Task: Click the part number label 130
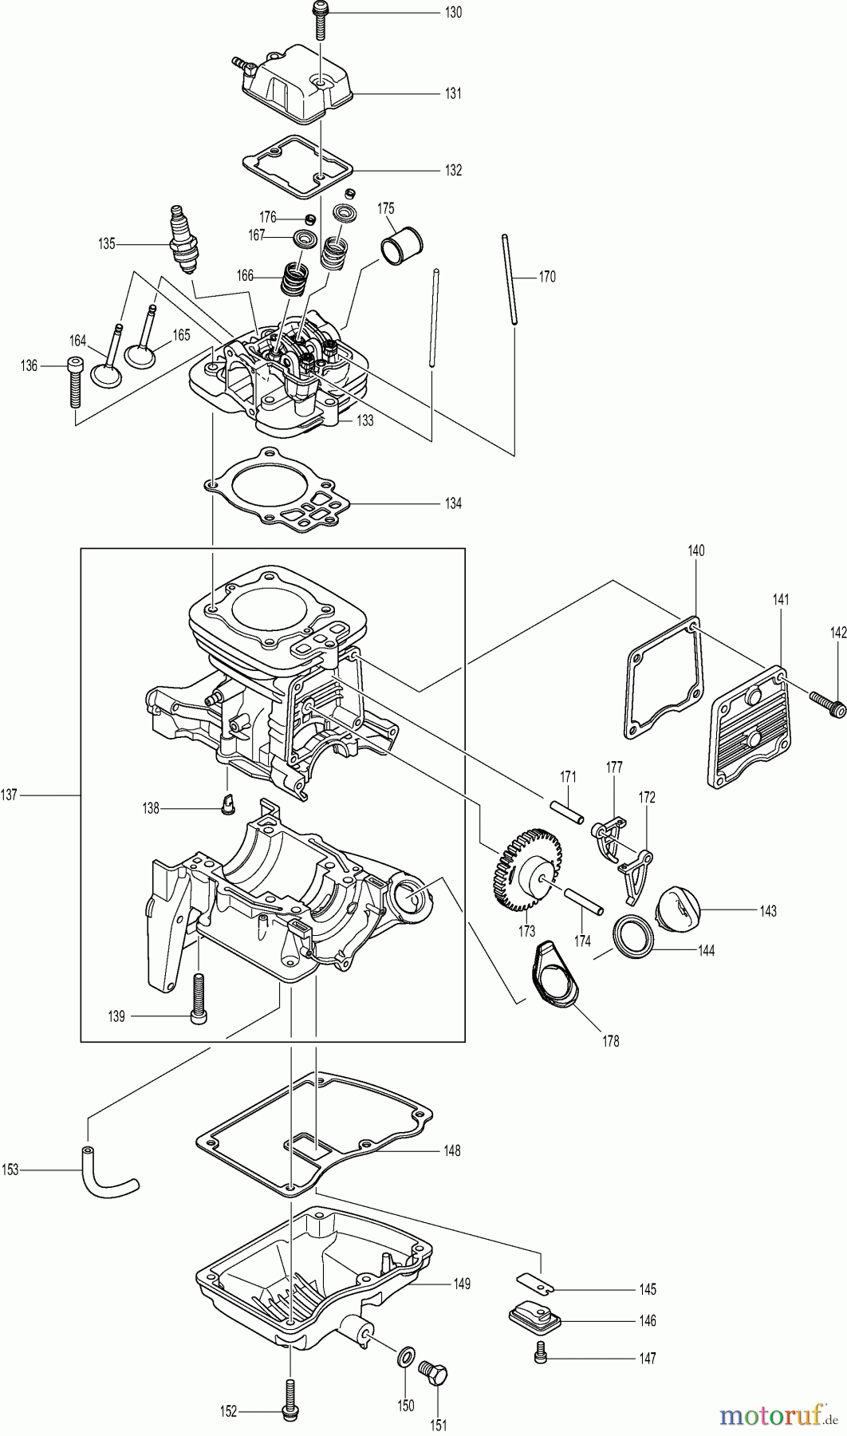(x=452, y=13)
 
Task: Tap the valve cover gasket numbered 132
(x=297, y=169)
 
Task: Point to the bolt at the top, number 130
(x=321, y=21)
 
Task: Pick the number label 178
(x=612, y=1040)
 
